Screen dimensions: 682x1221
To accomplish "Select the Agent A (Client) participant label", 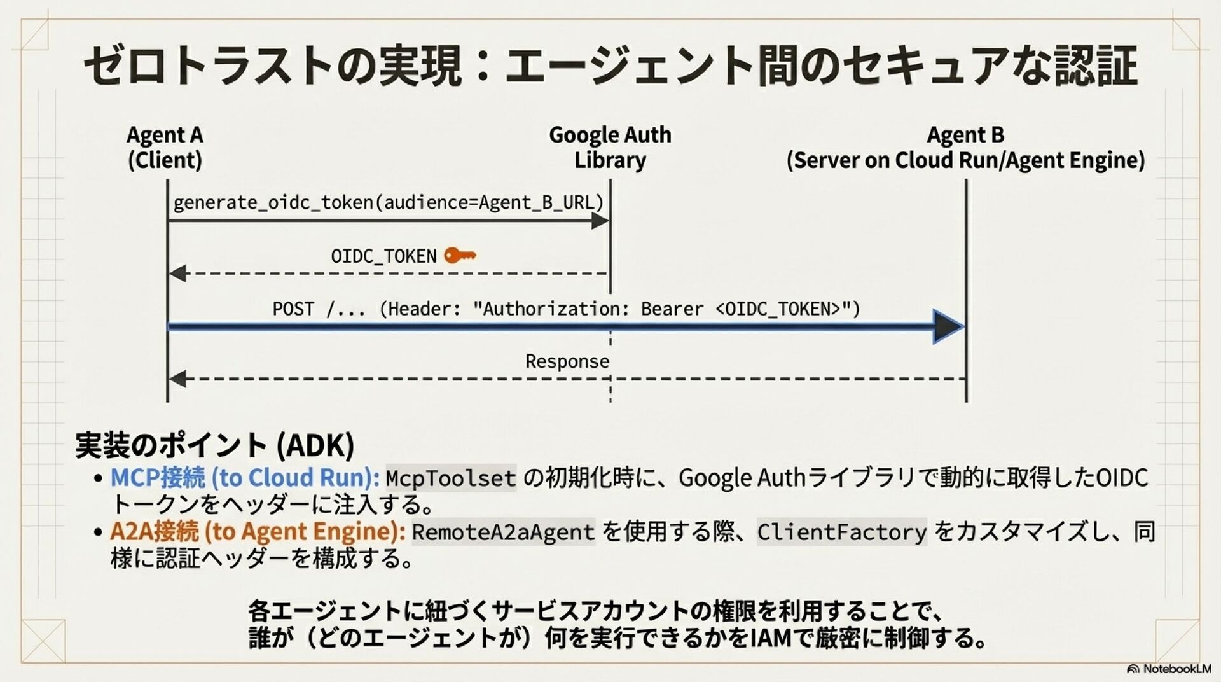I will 165,147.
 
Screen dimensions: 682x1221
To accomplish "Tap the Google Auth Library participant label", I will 610,147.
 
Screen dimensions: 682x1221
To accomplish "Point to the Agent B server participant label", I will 965,147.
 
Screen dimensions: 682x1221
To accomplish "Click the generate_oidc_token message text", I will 388,202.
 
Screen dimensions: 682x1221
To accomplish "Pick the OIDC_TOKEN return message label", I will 383,256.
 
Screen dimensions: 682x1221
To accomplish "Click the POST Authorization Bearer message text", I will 566,309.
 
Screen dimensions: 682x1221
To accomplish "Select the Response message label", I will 567,361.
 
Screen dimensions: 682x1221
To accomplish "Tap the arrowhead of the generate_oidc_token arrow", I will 600,221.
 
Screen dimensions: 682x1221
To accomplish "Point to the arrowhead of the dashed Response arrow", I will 177,379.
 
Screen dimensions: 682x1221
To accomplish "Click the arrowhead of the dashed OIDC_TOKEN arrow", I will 177,274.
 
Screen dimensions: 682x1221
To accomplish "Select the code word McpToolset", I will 451,478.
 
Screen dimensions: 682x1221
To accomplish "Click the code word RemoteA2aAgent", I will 503,532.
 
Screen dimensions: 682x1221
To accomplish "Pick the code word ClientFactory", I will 842,532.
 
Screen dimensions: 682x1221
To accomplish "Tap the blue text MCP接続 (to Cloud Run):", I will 245,478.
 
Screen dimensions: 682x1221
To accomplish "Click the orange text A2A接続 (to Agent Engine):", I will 258,531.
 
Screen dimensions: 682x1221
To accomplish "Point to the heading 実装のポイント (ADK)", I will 214,445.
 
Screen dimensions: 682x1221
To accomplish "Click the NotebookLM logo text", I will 1170,669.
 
